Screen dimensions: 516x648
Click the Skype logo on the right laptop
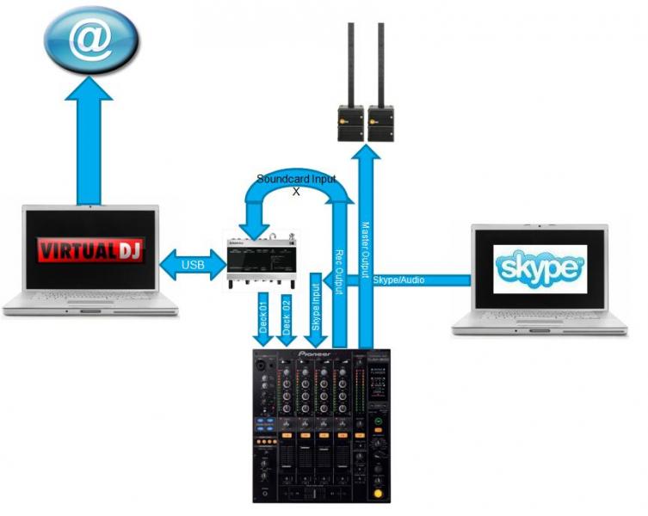540,267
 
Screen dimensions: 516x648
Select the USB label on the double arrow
193,264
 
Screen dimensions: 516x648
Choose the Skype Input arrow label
316,310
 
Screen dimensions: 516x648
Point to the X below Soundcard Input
296,191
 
